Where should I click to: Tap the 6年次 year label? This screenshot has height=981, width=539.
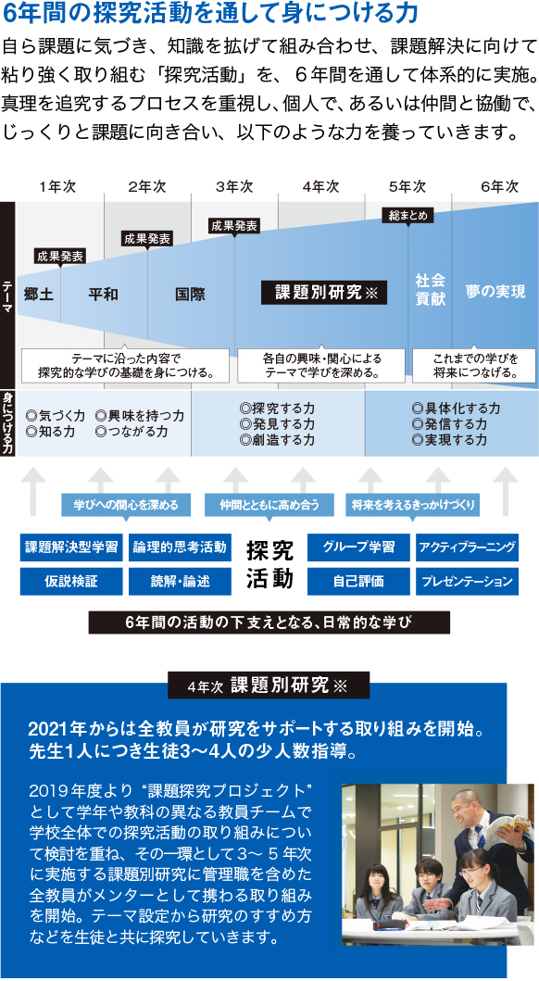499,187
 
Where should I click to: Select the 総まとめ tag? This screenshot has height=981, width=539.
408,216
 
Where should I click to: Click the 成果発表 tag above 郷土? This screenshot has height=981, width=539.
60,256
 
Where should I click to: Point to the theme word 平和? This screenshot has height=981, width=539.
103,294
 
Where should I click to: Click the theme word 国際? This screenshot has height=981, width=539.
190,294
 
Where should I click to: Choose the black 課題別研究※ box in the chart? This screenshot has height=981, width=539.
324,292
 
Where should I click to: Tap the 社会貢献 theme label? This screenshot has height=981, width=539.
431,290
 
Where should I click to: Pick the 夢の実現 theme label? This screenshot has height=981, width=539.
495,292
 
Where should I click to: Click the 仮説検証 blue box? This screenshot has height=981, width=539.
71,581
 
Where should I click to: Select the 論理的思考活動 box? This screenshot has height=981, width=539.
180,547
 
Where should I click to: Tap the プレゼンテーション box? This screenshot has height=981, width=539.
467,581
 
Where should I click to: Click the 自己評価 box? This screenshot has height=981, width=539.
359,581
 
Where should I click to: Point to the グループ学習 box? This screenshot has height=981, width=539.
359,547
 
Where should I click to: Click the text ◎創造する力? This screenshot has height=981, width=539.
277,440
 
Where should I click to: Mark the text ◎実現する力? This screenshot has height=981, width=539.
449,440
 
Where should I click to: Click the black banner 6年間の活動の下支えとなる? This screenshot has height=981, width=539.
269,623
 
